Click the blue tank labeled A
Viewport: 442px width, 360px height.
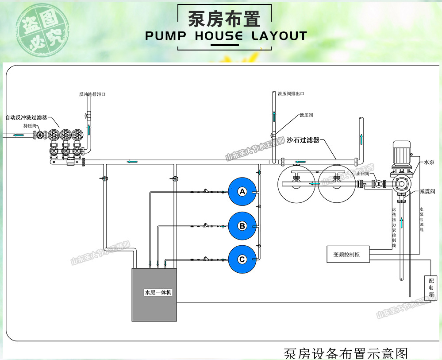[242, 191]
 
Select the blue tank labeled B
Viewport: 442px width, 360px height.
[242, 226]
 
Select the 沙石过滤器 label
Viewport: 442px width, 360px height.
[303, 140]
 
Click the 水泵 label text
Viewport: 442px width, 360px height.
[429, 163]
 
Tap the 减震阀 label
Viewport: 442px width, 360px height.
[427, 192]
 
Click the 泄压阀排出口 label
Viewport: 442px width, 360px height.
[291, 93]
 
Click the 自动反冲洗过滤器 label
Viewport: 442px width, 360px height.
[26, 117]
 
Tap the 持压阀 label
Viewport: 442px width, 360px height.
[30, 126]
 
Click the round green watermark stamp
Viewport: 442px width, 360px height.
[43, 32]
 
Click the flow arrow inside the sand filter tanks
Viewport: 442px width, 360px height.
[315, 183]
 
